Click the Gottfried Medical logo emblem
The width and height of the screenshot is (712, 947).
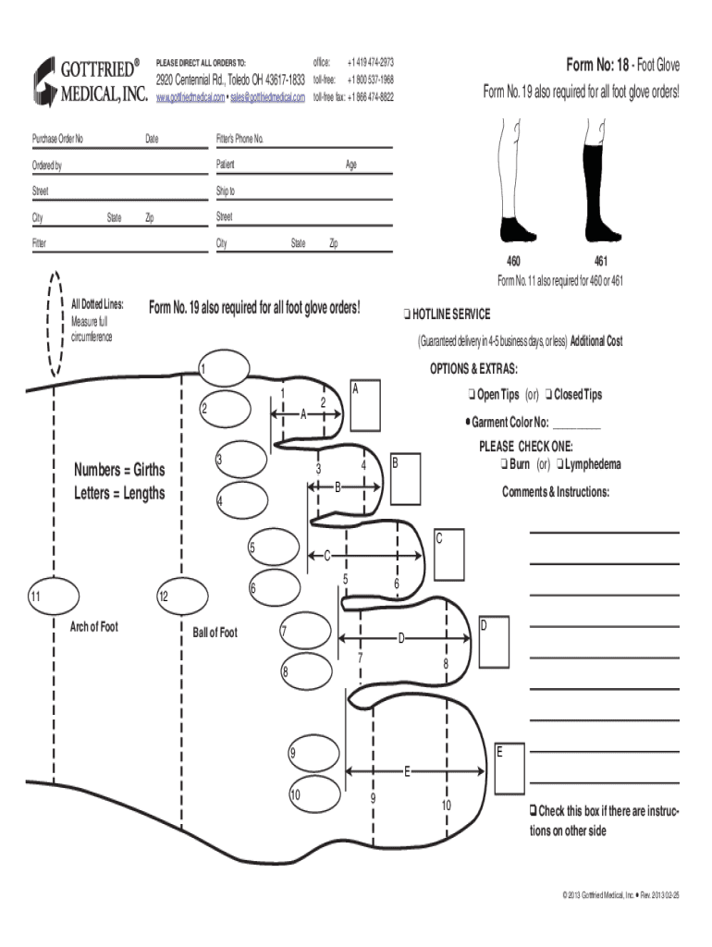pos(44,82)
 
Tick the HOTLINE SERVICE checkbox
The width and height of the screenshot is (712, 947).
pos(407,314)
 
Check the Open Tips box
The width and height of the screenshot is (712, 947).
pos(472,394)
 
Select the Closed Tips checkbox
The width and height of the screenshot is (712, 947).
pos(548,394)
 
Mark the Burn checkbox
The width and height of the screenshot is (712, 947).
pos(504,464)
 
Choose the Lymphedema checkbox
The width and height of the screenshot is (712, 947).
pos(559,464)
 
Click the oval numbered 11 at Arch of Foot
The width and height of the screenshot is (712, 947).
pos(54,596)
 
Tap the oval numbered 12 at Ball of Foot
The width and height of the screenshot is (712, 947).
pos(182,596)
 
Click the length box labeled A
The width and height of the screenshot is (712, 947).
pos(365,405)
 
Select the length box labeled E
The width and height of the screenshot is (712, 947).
pos(509,769)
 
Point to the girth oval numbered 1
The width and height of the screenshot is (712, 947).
pos(224,367)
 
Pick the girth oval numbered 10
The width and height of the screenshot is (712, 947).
pos(314,794)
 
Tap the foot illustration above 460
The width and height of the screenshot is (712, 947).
pos(518,229)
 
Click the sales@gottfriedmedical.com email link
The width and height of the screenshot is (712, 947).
pos(267,97)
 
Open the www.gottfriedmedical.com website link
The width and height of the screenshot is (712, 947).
pos(190,97)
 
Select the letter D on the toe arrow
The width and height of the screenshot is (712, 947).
pos(401,638)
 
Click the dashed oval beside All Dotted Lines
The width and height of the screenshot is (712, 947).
pos(55,325)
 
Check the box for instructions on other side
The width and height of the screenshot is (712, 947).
pos(534,810)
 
